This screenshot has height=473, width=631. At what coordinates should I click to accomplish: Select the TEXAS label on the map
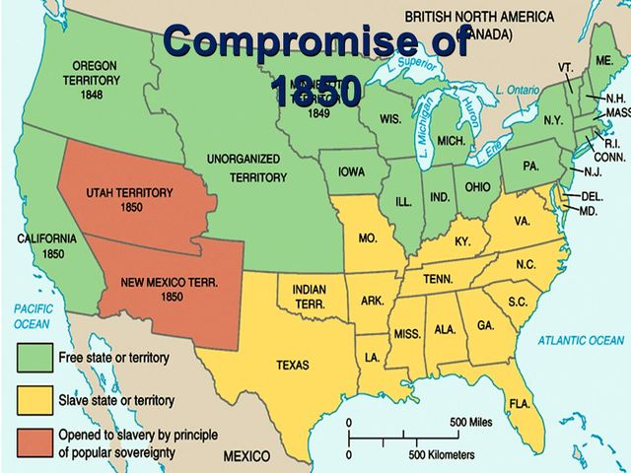[x=292, y=365]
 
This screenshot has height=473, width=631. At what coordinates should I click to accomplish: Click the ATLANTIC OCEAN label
[x=581, y=340]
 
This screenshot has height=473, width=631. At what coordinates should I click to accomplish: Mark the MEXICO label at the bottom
[x=251, y=457]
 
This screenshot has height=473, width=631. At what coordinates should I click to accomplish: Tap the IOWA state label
[x=352, y=171]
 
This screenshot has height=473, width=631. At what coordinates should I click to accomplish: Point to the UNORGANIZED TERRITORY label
[x=246, y=168]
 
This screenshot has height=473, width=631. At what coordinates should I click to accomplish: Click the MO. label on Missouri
[x=369, y=238]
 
